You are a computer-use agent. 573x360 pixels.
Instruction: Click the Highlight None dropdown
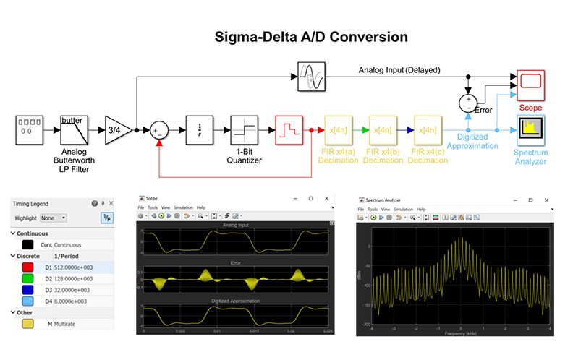[x=54, y=218]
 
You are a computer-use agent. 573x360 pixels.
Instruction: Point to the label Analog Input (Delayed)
[x=399, y=70]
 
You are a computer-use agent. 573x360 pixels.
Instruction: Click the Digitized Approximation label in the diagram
[x=472, y=140]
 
